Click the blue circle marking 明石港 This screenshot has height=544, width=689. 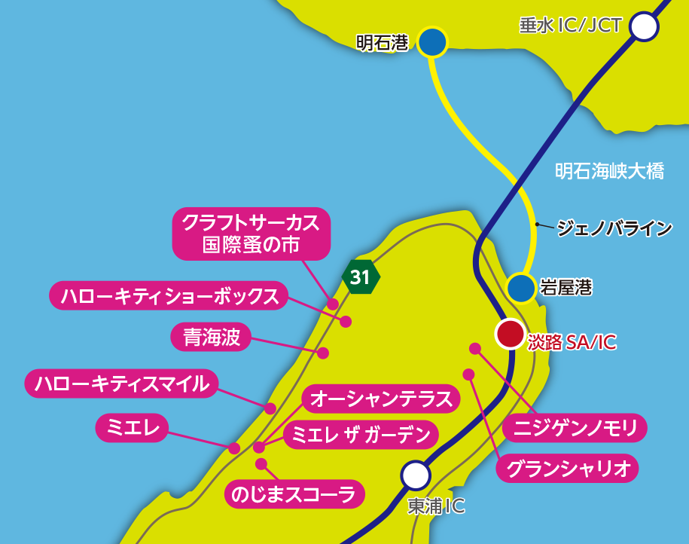(x=432, y=43)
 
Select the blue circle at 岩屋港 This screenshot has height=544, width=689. (x=521, y=287)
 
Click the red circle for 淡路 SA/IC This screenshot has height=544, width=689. (x=510, y=334)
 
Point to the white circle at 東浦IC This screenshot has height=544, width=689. (x=415, y=475)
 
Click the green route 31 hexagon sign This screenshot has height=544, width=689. (x=361, y=277)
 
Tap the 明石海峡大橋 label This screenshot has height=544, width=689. (x=609, y=172)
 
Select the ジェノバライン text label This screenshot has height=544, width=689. (x=614, y=227)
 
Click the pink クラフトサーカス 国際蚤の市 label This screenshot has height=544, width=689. (x=252, y=234)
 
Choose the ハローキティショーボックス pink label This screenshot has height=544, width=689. (x=169, y=295)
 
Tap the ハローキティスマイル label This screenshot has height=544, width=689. (x=121, y=384)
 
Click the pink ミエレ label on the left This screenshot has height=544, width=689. (x=132, y=427)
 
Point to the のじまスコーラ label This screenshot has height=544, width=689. (x=294, y=494)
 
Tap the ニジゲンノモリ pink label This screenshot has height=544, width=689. (x=576, y=428)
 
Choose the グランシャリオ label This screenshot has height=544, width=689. (x=567, y=469)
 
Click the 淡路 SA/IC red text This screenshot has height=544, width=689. (x=572, y=342)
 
